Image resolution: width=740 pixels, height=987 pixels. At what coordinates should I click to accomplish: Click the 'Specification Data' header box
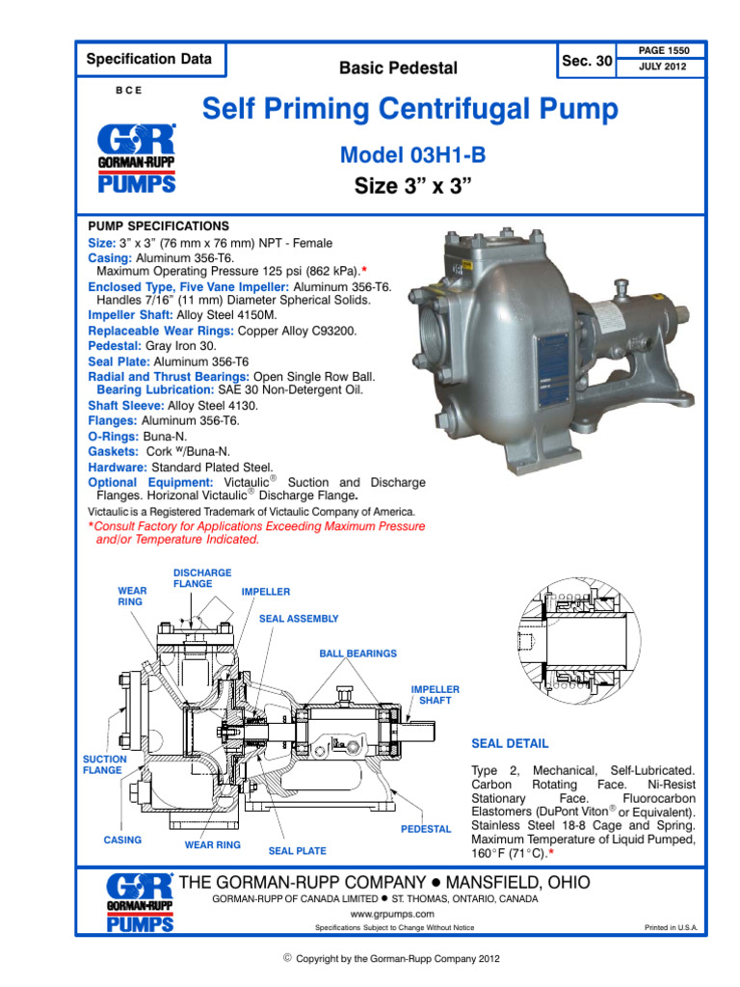(x=148, y=59)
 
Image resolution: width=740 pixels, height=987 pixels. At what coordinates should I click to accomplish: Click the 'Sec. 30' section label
(x=587, y=61)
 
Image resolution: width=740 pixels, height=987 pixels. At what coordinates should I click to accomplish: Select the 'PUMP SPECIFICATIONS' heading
(x=158, y=225)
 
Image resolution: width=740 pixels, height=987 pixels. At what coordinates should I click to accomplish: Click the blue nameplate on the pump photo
(x=557, y=359)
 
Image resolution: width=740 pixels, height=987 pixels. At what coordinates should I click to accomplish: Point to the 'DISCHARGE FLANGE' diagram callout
(x=201, y=578)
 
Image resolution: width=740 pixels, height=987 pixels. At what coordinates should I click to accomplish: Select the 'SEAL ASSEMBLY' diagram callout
(x=299, y=619)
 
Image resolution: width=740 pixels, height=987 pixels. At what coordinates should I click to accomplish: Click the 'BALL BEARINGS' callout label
(x=357, y=654)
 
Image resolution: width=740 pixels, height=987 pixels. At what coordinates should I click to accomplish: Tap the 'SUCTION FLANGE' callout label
(x=102, y=764)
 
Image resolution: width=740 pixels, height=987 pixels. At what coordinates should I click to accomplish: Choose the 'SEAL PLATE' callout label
(x=297, y=851)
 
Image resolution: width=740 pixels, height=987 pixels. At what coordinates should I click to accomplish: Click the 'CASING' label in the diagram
(x=122, y=840)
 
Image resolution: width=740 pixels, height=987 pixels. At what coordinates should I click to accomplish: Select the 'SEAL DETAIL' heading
(x=510, y=744)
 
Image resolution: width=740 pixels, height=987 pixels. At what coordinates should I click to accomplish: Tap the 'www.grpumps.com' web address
(x=391, y=913)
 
